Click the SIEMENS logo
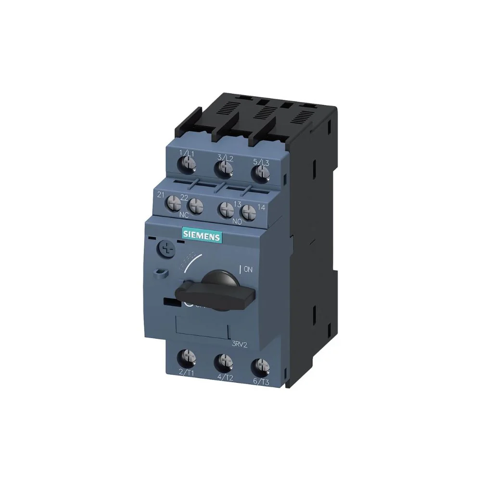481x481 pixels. [202, 236]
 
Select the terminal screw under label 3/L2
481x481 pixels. [223, 168]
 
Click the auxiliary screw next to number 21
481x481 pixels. [173, 204]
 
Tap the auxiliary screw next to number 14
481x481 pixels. [248, 212]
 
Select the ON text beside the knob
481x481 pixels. [247, 269]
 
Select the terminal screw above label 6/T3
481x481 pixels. [260, 365]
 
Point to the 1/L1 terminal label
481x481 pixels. [186, 153]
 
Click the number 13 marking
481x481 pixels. [237, 204]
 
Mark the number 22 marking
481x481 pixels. [184, 197]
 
